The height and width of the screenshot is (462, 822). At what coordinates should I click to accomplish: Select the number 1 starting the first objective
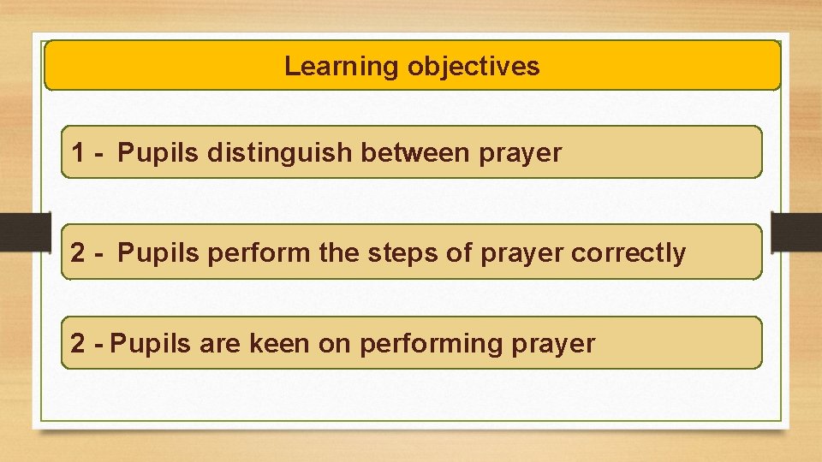coord(79,153)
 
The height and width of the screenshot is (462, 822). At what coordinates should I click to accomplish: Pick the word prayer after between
coord(521,154)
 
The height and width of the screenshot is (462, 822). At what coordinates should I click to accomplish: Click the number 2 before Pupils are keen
coord(79,344)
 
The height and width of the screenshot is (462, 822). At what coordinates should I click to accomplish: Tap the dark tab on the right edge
coord(796,230)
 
